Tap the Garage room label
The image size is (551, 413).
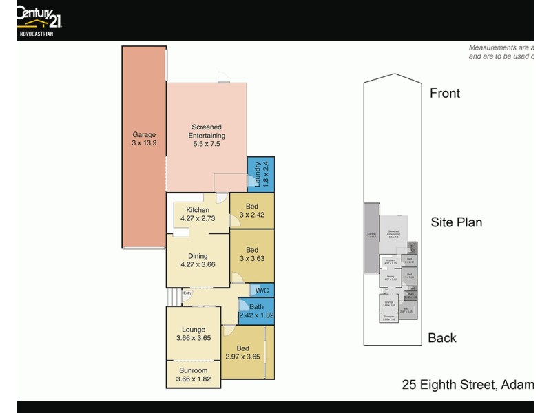[x=144, y=135]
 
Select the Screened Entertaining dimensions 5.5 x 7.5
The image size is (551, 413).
[x=207, y=144]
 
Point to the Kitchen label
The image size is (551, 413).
[x=198, y=210]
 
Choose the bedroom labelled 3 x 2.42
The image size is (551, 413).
[x=251, y=210]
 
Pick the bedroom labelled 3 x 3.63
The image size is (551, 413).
[x=251, y=254]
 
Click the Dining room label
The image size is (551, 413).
[x=198, y=256]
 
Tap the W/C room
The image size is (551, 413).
[x=262, y=290]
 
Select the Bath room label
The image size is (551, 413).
[x=256, y=307]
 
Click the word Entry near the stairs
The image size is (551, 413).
[x=187, y=293]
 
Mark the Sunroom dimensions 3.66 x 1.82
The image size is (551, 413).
[x=193, y=379]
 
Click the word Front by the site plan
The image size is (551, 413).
[x=445, y=93]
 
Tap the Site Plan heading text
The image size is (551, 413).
[x=456, y=222]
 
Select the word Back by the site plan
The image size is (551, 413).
[x=442, y=337]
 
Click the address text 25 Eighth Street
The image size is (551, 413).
[x=448, y=384]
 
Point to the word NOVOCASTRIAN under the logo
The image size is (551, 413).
[x=34, y=32]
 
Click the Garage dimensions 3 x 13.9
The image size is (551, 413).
[x=144, y=143]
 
